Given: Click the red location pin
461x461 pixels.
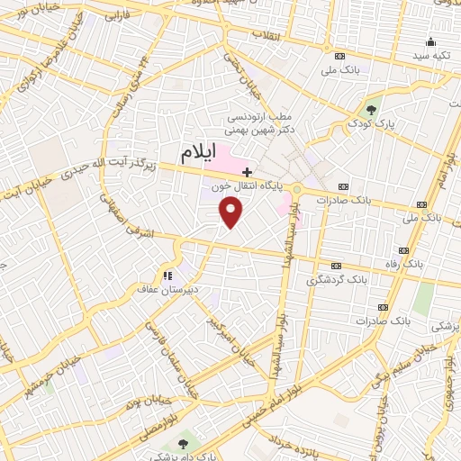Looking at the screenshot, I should tap(231, 212).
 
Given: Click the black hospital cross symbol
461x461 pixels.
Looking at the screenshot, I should tap(248, 171).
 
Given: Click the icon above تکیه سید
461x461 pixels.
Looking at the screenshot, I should tap(431, 41).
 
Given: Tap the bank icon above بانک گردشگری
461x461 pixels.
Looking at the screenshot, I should tap(336, 267).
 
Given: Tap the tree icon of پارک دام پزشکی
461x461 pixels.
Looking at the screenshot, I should tap(183, 445).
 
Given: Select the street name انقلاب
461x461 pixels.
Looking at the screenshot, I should tap(268, 35).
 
